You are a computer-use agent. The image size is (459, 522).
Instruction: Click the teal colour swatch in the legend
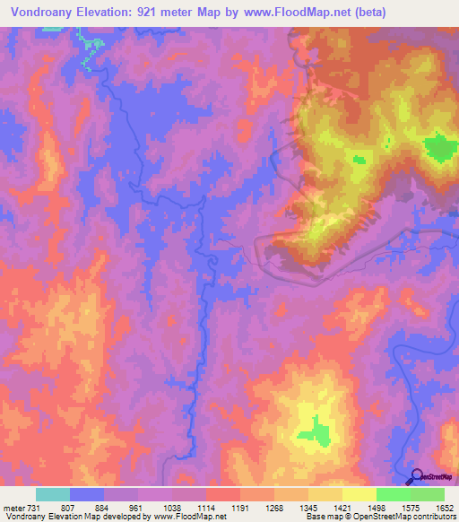(x=52, y=494)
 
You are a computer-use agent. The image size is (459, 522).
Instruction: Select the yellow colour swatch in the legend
(x=359, y=494)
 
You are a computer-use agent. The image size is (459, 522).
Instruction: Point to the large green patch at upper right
(x=439, y=147)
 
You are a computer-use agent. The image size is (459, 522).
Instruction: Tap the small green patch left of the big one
(x=360, y=160)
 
